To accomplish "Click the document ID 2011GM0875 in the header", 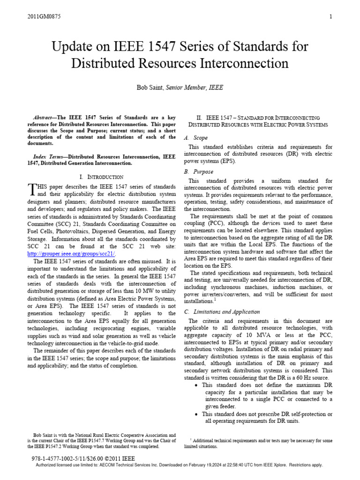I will pyautogui.click(x=44, y=17).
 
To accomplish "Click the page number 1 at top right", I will pyautogui.click(x=331, y=17).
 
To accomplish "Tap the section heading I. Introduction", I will pyautogui.click(x=102, y=177).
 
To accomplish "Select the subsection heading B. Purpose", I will pyautogui.click(x=199, y=172).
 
